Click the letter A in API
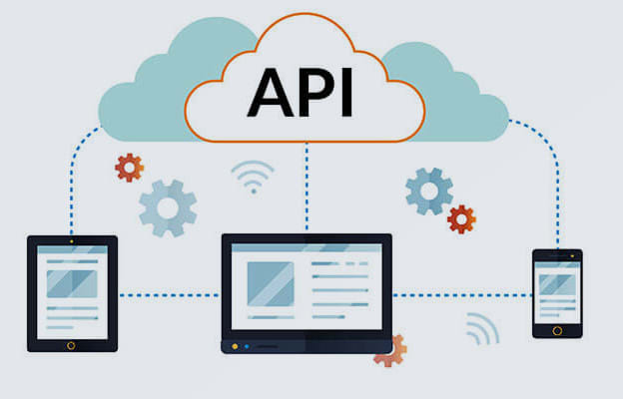[x=271, y=92]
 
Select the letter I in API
[x=346, y=92]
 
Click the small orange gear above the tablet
[x=129, y=168]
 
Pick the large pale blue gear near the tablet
[x=168, y=208]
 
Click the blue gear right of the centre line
[x=429, y=192]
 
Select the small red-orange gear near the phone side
[x=461, y=219]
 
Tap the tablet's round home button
[x=71, y=345]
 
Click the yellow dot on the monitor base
[x=235, y=346]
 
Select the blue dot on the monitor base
[x=247, y=346]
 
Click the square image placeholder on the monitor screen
[x=271, y=284]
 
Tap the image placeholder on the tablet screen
[x=72, y=284]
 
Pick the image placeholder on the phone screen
[x=557, y=284]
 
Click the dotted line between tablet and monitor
[x=170, y=295]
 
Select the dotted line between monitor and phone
[x=462, y=295]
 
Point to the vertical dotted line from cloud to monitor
[x=307, y=187]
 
